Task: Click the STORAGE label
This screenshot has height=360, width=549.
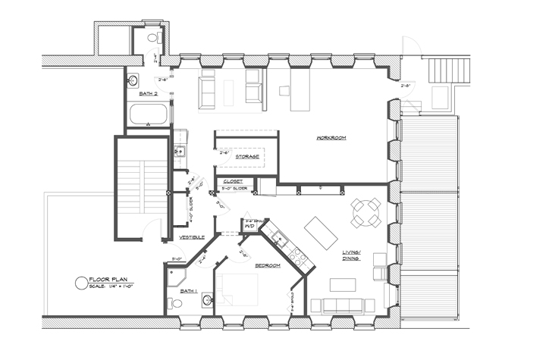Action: point(247,156)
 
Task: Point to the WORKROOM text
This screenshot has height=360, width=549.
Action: point(331,138)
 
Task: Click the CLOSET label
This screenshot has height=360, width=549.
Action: point(233,182)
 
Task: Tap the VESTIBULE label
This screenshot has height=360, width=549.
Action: point(192,237)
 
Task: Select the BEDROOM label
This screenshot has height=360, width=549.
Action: point(268,265)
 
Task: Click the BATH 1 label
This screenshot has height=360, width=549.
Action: point(187,291)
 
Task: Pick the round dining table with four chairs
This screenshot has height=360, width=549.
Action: point(366,211)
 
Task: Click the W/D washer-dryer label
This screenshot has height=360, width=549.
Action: point(249,225)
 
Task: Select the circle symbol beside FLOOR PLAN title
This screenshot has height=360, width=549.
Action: point(80,283)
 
